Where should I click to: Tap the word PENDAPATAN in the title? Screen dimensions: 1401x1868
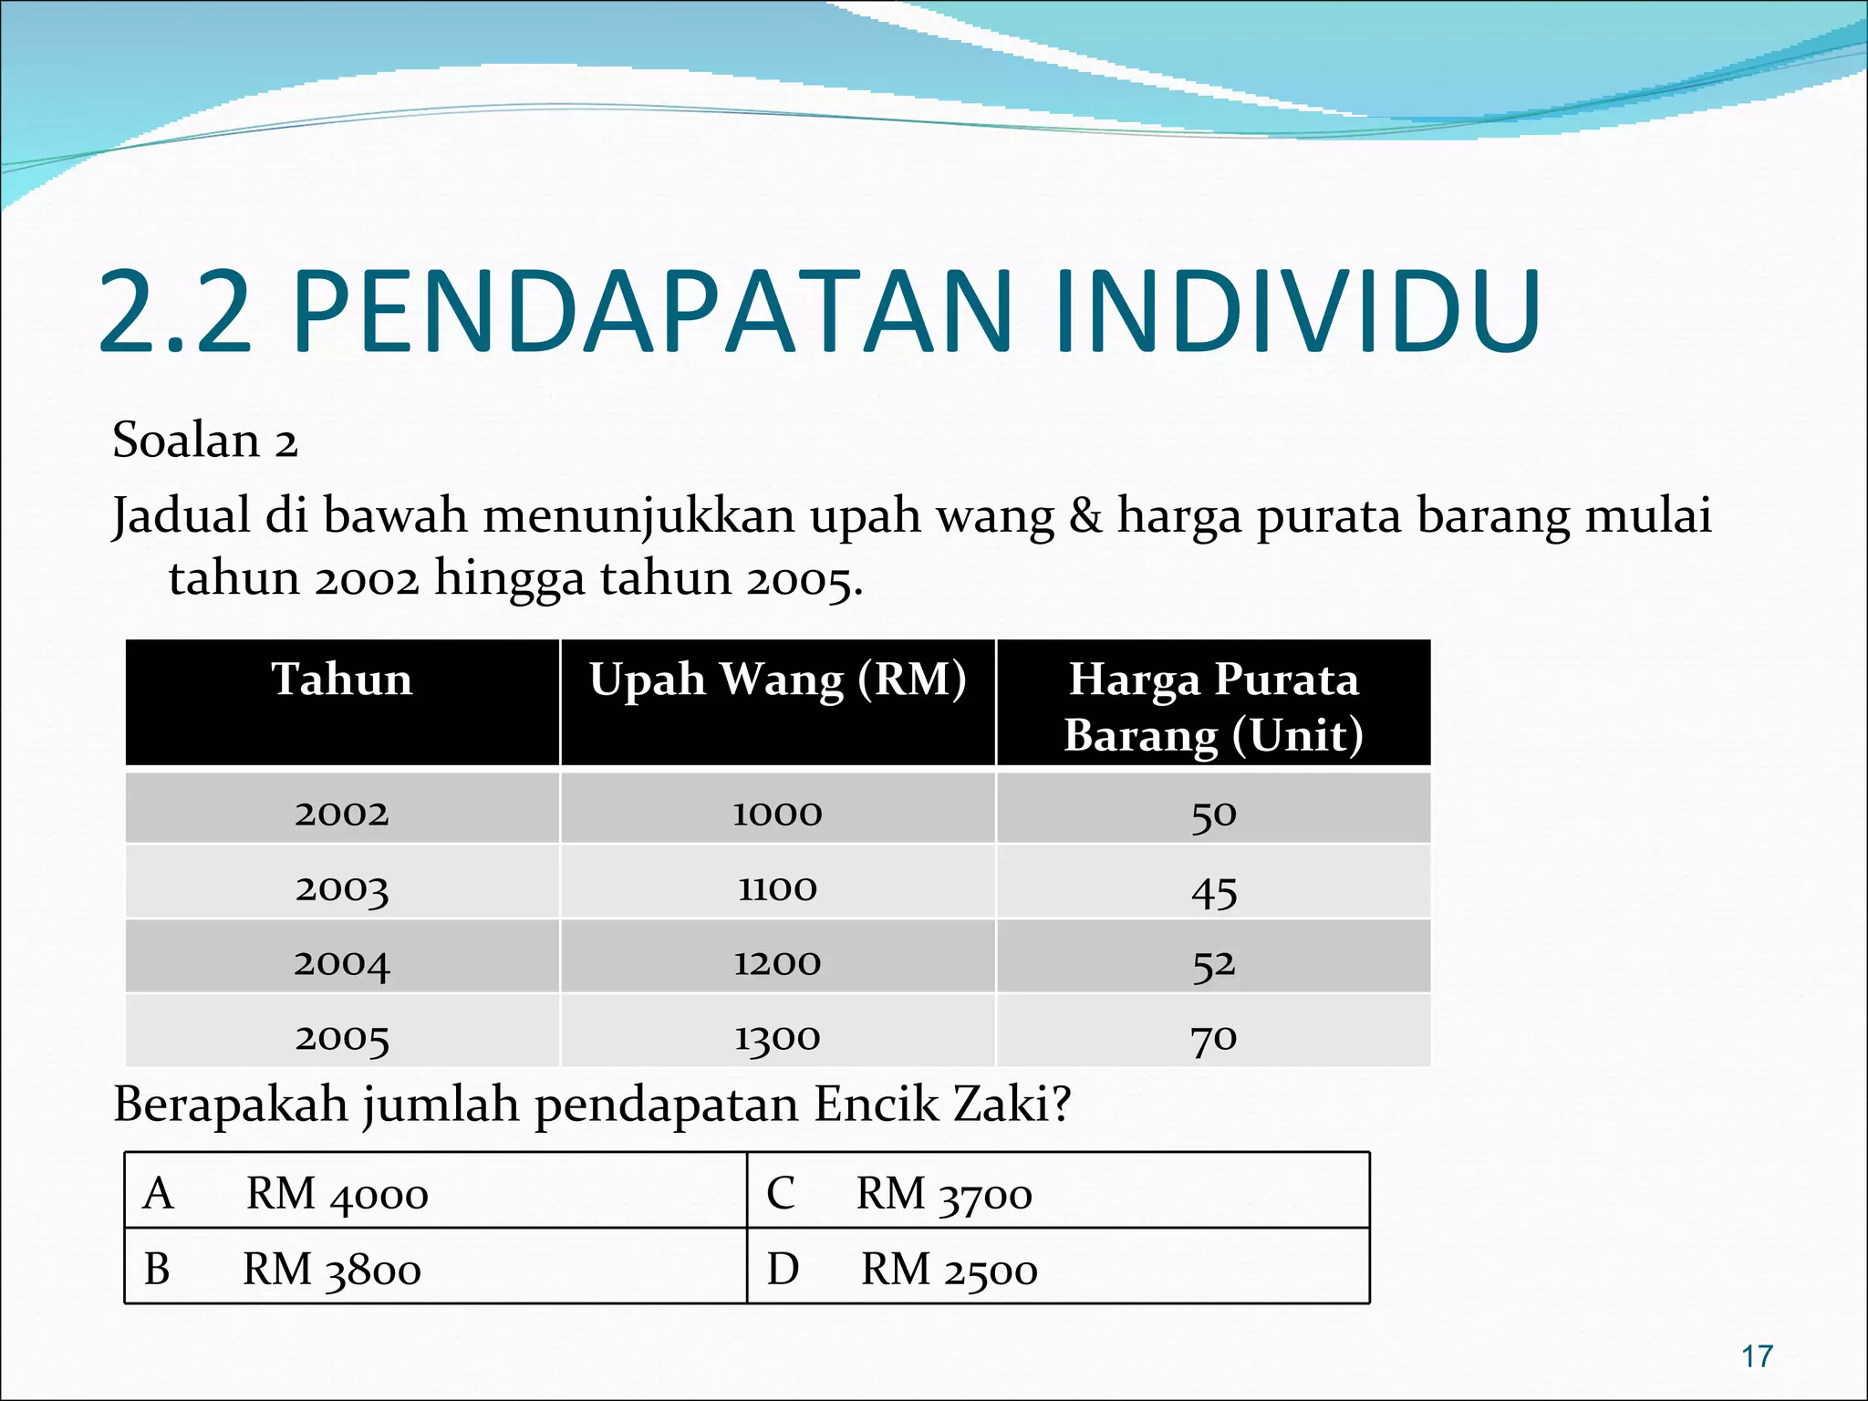[652, 312]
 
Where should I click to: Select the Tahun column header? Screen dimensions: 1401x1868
[342, 680]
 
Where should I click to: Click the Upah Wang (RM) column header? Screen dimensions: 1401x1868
[778, 680]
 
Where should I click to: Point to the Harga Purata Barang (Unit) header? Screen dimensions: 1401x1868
[1213, 707]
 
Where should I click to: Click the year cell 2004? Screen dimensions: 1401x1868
[342, 962]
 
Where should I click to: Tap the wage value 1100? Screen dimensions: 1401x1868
[778, 887]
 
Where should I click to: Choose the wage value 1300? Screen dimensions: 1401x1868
[778, 1037]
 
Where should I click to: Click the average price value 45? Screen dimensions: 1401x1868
[1214, 890]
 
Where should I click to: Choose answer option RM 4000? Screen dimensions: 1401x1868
[337, 1194]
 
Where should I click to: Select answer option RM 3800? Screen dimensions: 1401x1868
[332, 1270]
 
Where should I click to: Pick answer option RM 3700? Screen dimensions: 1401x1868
[944, 1194]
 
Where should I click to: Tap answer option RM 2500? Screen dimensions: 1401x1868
[950, 1270]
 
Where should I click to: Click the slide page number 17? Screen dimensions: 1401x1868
[1757, 1356]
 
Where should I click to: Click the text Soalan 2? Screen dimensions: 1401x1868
[205, 441]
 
